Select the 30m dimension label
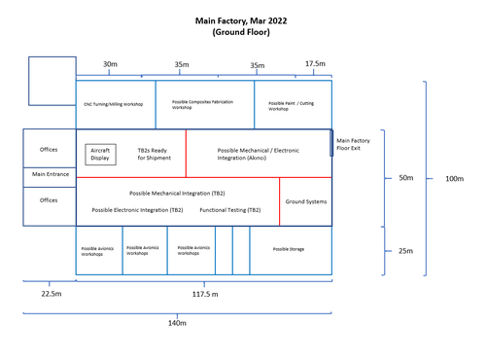110,65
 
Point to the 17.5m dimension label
316,65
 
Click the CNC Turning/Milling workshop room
113,103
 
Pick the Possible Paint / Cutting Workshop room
293,103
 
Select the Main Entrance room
50,176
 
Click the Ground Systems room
305,201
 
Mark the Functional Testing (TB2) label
229,210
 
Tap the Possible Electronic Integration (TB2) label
137,210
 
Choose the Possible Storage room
288,250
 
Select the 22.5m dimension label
51,293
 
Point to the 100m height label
453,179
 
